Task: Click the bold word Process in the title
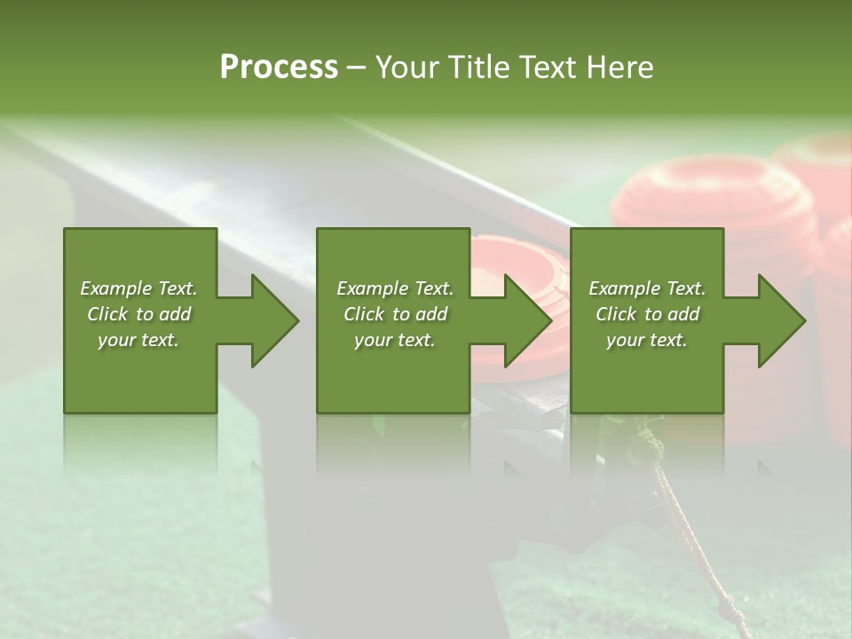tap(279, 67)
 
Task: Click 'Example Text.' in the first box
tap(138, 288)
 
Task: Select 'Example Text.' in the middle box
tap(395, 288)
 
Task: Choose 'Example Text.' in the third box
tap(647, 288)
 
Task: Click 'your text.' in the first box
tap(138, 340)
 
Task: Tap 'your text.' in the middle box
tap(395, 340)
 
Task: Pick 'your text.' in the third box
tap(647, 340)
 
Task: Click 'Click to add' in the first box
tap(138, 314)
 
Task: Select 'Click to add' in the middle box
tap(395, 314)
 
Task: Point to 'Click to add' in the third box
tap(647, 314)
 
